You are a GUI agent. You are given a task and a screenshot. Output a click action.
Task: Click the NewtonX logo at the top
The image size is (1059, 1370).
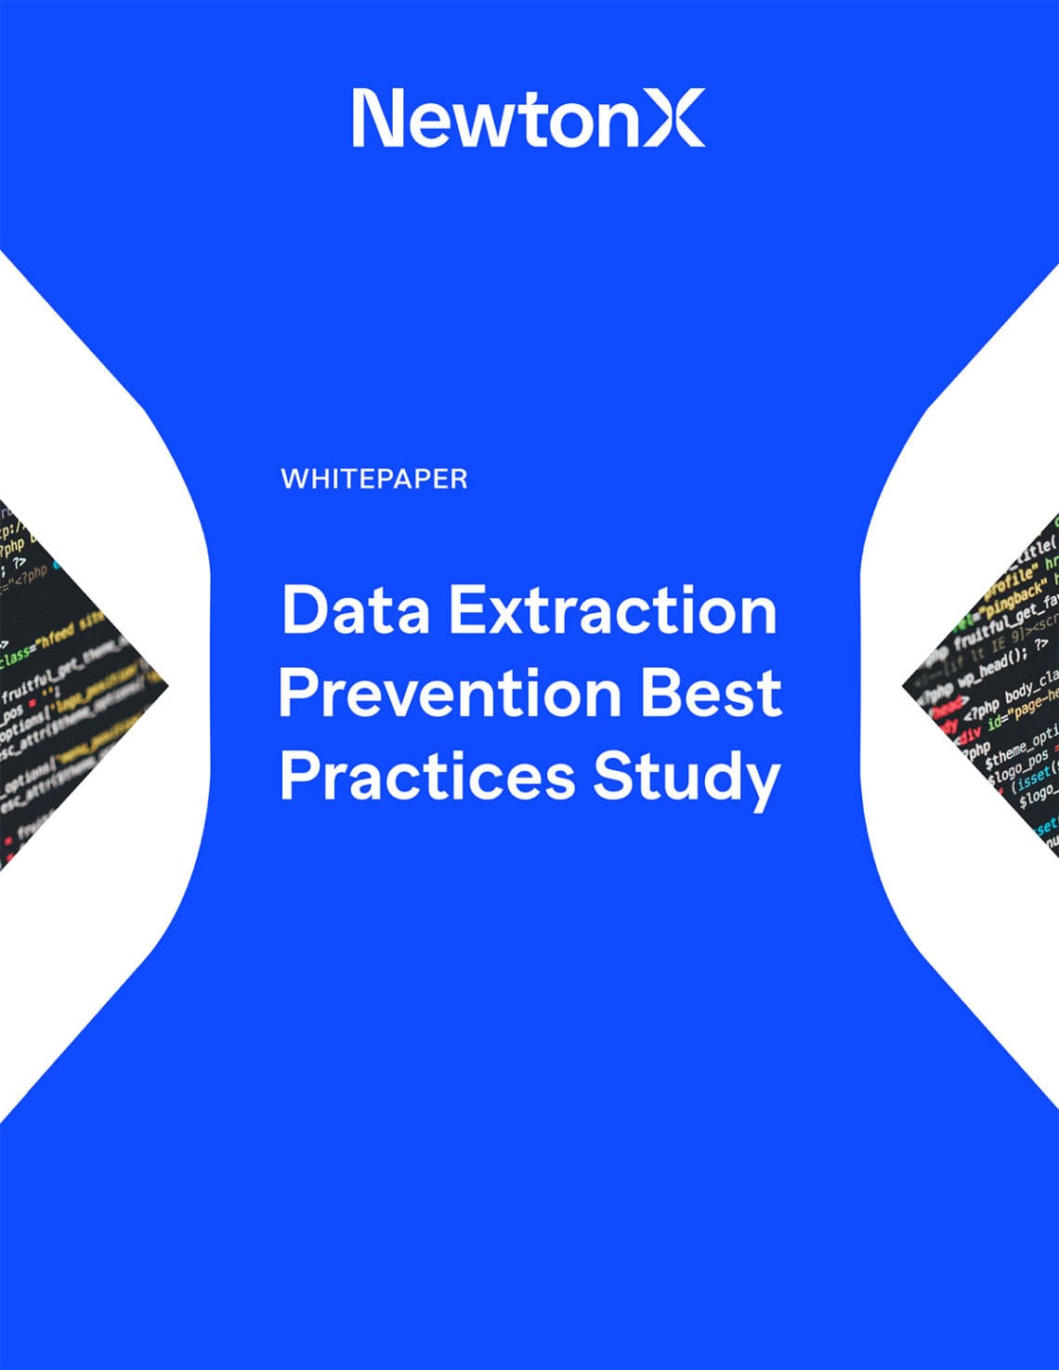tap(528, 117)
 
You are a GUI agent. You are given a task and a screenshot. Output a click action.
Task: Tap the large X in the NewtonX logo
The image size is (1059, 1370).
tap(674, 117)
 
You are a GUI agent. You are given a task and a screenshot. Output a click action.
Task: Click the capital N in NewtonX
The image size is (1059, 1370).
tap(377, 117)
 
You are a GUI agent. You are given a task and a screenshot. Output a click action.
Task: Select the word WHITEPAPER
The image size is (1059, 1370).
tap(373, 479)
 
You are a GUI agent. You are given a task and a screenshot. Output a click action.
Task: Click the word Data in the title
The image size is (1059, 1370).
tap(356, 610)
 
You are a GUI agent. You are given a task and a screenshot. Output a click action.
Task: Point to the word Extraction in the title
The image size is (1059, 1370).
tap(613, 610)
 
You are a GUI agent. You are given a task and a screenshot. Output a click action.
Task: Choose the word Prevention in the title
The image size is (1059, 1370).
tap(450, 693)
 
